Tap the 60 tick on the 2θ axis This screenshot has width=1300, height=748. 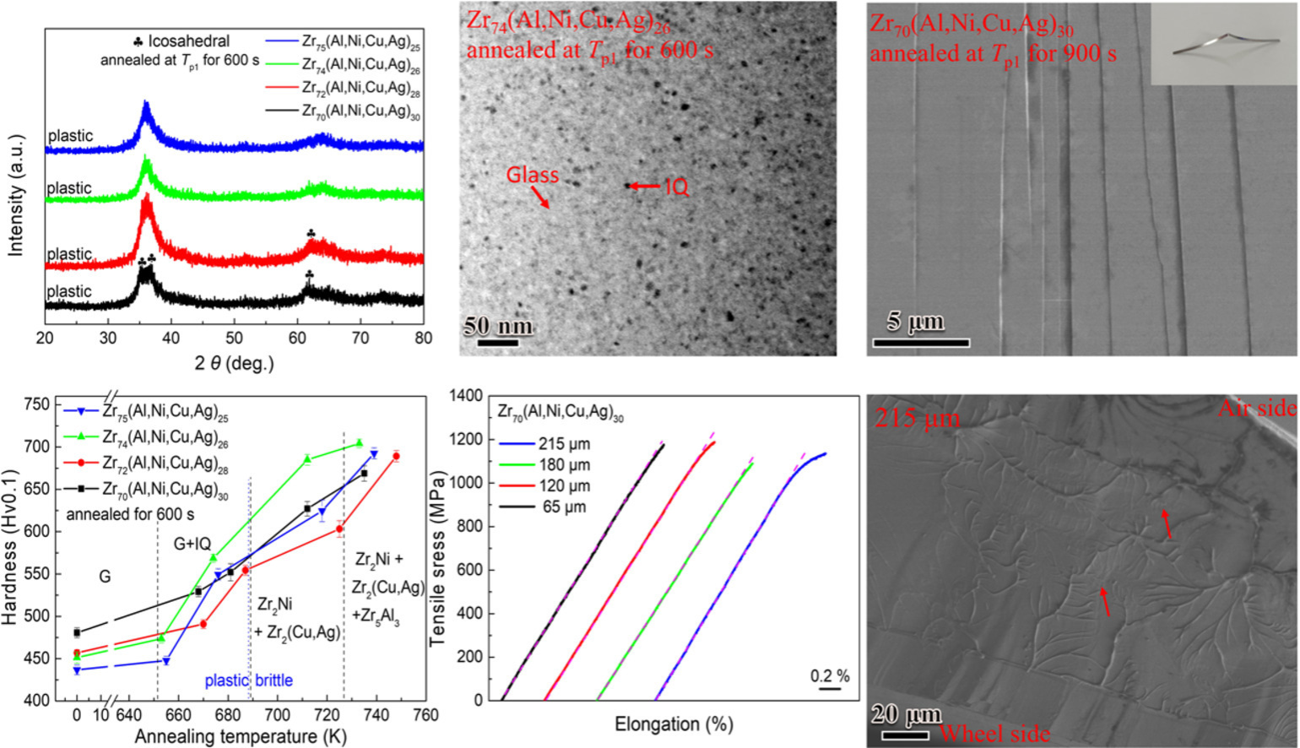[x=297, y=339]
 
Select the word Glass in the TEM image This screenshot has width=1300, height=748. [x=532, y=175]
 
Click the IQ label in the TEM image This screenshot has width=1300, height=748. [x=676, y=187]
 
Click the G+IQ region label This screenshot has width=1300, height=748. [x=192, y=545]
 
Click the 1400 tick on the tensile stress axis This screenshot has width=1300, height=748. [x=466, y=395]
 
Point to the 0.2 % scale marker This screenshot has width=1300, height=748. [x=830, y=677]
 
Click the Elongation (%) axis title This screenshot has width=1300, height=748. [x=674, y=724]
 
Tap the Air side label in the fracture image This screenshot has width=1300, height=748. [x=1256, y=409]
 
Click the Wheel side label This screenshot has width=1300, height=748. [x=994, y=733]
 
